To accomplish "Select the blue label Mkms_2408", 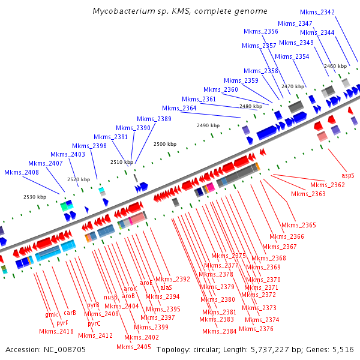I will [22, 172].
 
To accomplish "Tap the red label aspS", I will [348, 176].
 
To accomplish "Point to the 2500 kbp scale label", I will [165, 145].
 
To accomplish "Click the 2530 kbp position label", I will [35, 197].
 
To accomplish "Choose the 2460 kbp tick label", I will [335, 66].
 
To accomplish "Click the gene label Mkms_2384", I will [219, 331].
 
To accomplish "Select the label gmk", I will [50, 314].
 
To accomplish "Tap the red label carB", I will [70, 313].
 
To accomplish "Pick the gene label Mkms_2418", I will [56, 331].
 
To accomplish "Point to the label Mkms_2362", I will [328, 185].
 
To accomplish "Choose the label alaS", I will [166, 288].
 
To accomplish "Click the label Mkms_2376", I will [256, 329].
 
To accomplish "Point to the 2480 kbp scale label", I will [251, 106].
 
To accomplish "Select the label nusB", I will [111, 297].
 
